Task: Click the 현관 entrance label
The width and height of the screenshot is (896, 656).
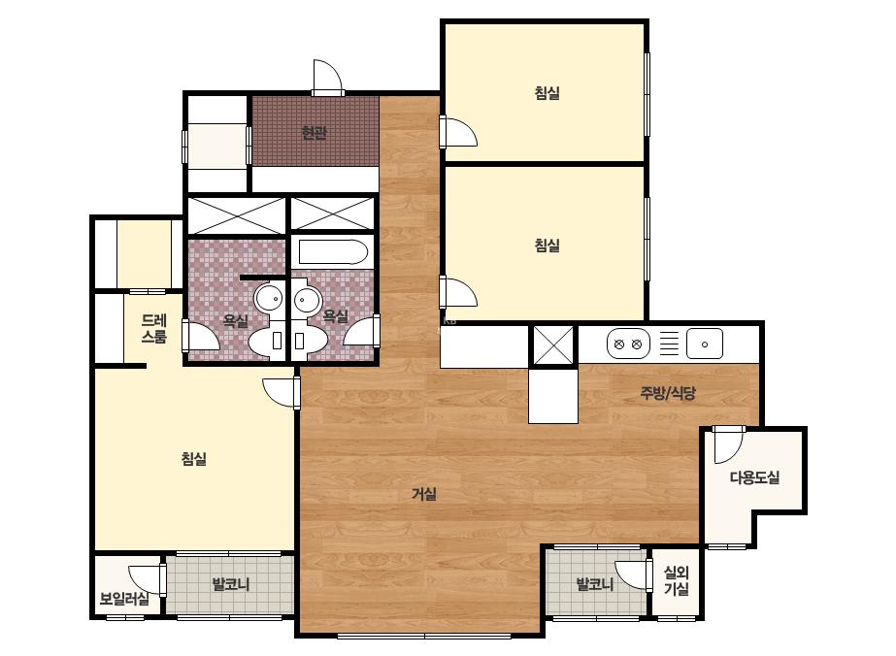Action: (x=315, y=133)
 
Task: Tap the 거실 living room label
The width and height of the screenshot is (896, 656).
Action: (x=424, y=494)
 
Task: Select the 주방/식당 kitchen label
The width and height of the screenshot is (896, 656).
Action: (x=668, y=393)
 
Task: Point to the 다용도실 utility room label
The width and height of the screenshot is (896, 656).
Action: (x=754, y=477)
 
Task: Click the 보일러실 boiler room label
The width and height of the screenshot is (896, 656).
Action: (x=124, y=599)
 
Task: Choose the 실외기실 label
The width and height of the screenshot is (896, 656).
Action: (x=677, y=580)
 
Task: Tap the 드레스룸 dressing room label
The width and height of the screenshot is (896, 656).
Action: (x=153, y=329)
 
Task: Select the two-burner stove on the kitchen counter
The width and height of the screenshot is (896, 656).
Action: (x=628, y=344)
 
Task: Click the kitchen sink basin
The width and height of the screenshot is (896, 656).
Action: (x=705, y=344)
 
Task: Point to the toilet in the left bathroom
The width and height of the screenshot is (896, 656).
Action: (x=268, y=342)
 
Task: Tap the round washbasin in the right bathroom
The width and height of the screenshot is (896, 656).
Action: (x=308, y=298)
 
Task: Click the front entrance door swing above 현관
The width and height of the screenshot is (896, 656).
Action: (x=327, y=77)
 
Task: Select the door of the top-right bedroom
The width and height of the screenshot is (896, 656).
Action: (x=458, y=131)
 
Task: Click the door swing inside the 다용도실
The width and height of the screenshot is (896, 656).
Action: (x=728, y=444)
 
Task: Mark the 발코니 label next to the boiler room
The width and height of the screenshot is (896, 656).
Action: (x=231, y=584)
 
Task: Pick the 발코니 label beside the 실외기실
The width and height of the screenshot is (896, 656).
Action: (x=595, y=584)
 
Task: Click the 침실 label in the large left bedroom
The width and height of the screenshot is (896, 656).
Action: (x=194, y=458)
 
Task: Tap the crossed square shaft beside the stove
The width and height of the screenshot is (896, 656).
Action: (x=552, y=345)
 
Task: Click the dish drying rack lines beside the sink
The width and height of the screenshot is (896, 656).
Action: (x=669, y=344)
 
